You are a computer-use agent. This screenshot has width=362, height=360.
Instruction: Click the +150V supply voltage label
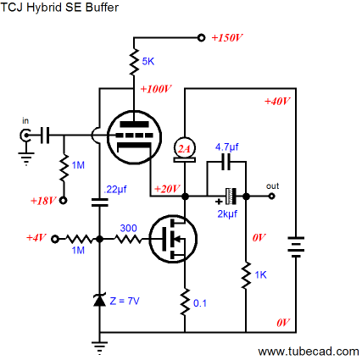click(227, 37)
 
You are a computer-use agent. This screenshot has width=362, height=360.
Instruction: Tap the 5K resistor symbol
click(134, 62)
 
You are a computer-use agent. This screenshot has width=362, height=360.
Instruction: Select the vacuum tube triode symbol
click(135, 137)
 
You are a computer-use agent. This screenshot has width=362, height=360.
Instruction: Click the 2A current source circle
click(185, 147)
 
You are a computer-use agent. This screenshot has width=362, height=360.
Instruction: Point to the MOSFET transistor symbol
click(173, 239)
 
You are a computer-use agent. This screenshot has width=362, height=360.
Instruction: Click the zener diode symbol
click(99, 300)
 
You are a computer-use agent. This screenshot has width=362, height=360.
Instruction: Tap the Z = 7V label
click(125, 301)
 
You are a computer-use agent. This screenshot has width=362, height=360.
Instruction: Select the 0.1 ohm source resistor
click(185, 302)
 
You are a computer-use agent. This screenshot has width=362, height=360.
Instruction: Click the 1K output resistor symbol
click(246, 275)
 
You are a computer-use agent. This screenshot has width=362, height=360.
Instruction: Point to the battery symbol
click(296, 246)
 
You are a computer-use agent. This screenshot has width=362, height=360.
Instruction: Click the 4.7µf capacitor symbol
click(226, 162)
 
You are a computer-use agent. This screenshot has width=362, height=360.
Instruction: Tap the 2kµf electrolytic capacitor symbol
click(231, 197)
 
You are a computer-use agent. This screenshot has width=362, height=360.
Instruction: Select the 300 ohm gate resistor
click(128, 239)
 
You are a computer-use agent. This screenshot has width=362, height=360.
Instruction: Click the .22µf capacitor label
click(115, 190)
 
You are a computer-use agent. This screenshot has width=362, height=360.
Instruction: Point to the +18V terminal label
click(43, 201)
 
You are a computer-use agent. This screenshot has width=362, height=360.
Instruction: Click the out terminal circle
click(271, 196)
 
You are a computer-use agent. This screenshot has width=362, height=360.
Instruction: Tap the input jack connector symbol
click(25, 136)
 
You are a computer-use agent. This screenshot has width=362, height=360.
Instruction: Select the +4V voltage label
click(36, 237)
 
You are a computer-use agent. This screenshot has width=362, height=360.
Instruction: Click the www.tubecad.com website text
click(309, 352)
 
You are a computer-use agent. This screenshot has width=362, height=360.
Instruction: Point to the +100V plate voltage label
click(156, 89)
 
